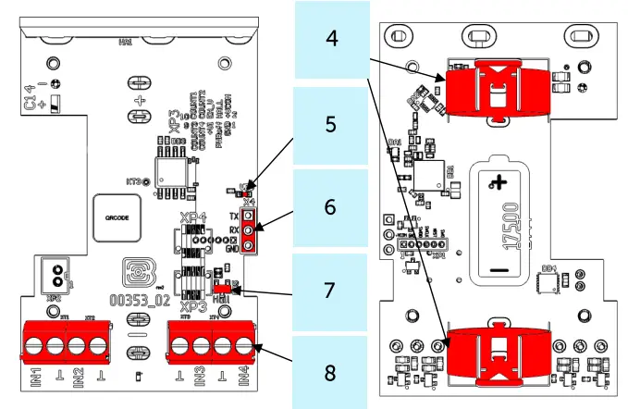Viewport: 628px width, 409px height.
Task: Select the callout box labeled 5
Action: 330,124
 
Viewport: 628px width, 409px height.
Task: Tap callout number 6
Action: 330,206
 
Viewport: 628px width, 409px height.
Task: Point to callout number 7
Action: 330,289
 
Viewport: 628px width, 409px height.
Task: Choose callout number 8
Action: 330,371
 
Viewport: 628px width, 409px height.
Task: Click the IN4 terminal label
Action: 244,377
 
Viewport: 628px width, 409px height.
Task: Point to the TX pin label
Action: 235,214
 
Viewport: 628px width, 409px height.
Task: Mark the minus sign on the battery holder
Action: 499,270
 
